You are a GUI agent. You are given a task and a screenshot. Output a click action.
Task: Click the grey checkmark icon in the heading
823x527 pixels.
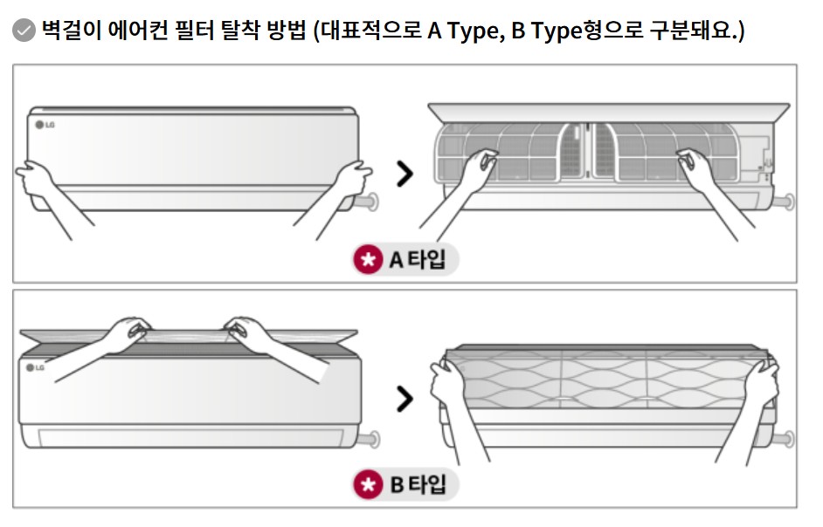tap(24, 32)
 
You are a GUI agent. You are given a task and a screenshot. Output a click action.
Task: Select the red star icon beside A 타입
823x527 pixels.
tap(368, 259)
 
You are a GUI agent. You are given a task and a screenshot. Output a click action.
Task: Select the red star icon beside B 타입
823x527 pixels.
tap(368, 484)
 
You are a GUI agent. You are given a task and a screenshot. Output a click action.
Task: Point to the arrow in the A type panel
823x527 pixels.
tap(405, 174)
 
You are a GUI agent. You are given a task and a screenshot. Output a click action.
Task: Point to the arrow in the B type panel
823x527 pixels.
tap(405, 399)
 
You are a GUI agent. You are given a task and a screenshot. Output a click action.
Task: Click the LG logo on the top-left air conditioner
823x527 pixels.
tap(45, 124)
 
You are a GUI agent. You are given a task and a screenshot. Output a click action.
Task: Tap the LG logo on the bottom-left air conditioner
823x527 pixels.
tap(37, 368)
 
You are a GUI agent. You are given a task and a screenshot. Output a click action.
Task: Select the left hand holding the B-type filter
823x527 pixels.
tap(448, 384)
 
